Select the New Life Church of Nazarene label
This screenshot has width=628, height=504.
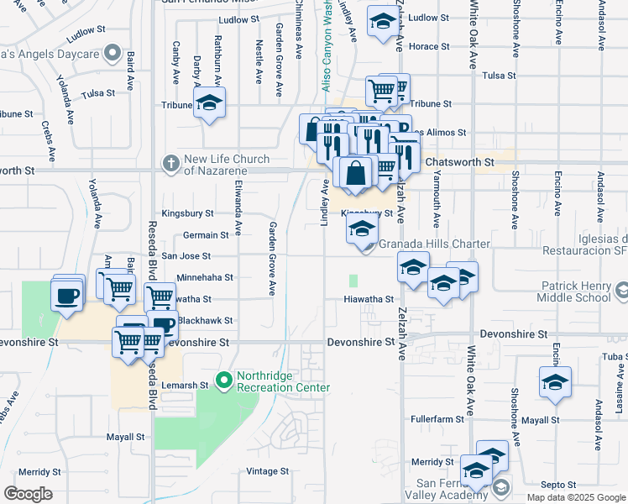tap(227, 165)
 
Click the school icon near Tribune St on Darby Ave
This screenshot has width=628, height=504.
tap(208, 104)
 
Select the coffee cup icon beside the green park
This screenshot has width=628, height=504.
tap(66, 296)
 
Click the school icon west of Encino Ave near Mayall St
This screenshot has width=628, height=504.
tap(555, 383)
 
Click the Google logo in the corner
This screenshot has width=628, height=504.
tap(28, 494)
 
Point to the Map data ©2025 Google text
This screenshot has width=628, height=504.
tap(576, 497)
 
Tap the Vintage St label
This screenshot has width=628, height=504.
tap(268, 471)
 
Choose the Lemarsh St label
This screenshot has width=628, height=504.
tap(186, 385)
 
